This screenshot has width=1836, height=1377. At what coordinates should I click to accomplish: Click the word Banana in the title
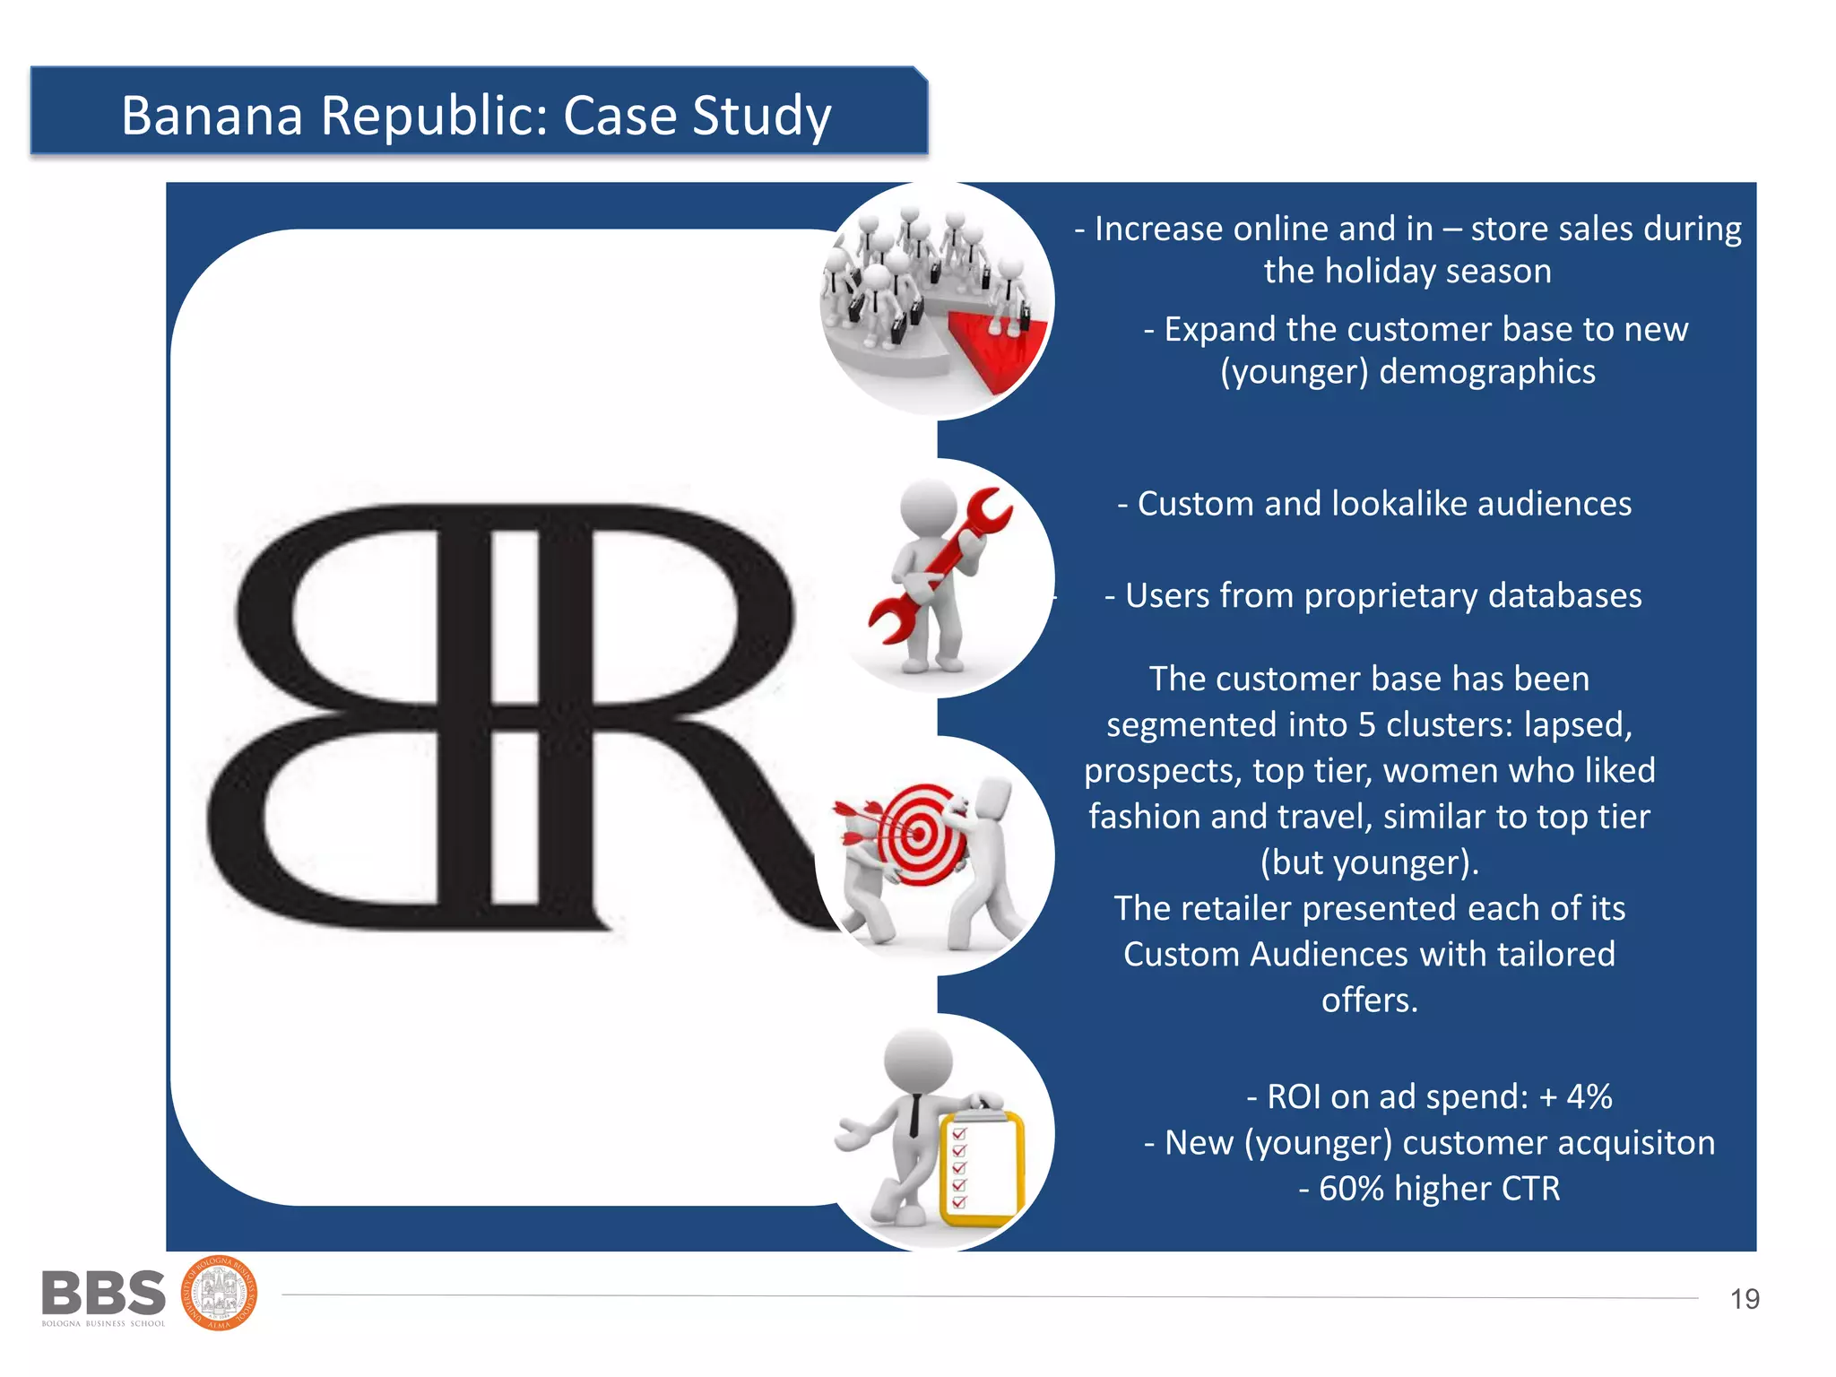pos(212,116)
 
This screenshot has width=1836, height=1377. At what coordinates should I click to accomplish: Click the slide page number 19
pos(1744,1299)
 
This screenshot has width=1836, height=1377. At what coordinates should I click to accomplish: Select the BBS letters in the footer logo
pos(103,1294)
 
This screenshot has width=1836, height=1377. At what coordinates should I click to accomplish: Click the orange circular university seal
pos(220,1294)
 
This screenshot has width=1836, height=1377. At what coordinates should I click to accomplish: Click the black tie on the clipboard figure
pos(914,1116)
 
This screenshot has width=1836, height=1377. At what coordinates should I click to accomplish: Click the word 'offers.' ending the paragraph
pos(1369,1000)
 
